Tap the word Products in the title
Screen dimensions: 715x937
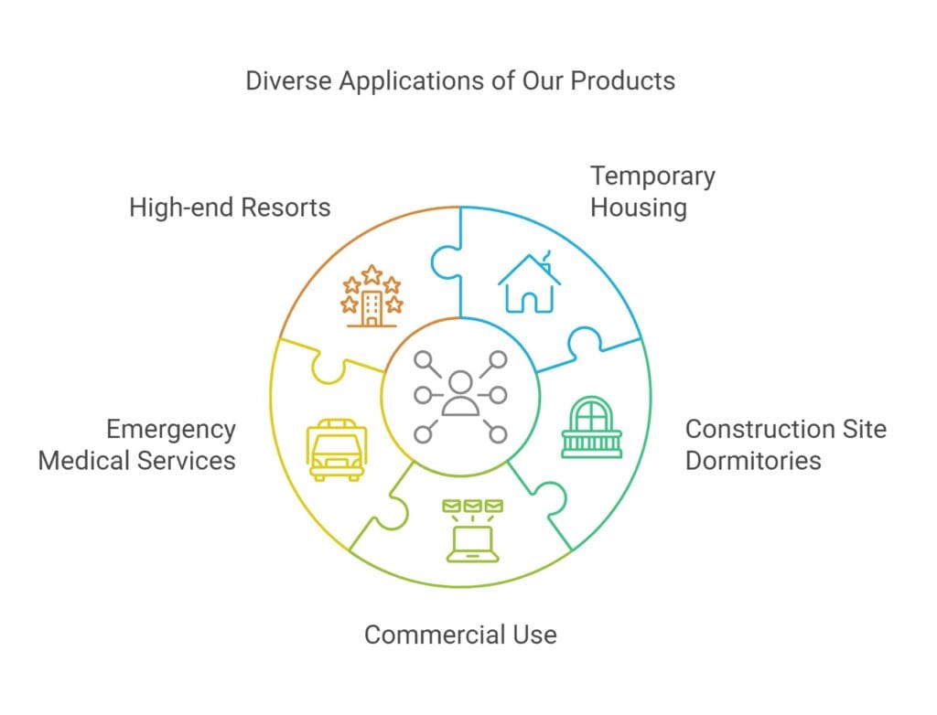tap(622, 80)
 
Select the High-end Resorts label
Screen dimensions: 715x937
tap(230, 207)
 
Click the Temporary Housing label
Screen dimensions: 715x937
tap(652, 191)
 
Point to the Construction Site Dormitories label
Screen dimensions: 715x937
tap(785, 443)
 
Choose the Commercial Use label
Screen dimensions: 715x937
tap(460, 634)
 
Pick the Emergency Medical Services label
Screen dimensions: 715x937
tap(136, 443)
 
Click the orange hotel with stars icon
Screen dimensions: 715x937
tap(372, 296)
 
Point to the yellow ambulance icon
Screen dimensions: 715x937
tap(337, 450)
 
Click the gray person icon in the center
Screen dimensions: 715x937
tap(460, 395)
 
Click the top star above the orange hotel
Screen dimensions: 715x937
tap(372, 272)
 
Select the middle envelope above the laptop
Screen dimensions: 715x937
tap(472, 506)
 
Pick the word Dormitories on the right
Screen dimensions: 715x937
tap(753, 459)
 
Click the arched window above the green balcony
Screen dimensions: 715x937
tap(591, 413)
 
